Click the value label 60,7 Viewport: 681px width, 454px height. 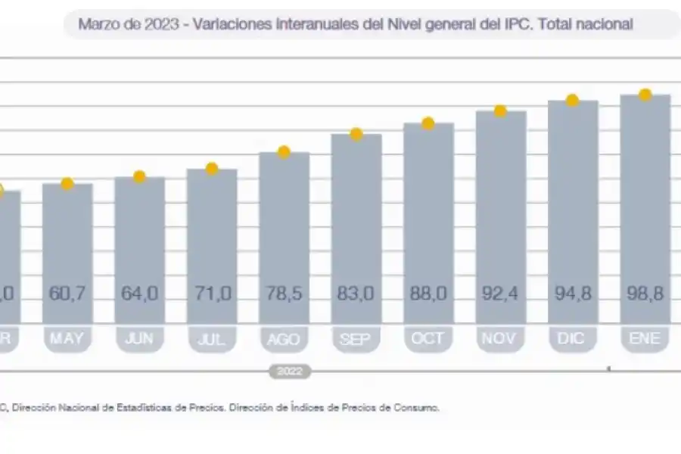click(67, 293)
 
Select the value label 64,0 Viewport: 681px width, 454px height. click(139, 293)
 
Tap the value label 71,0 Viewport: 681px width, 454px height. click(212, 293)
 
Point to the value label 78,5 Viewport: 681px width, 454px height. click(285, 293)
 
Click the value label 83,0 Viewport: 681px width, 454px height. click(356, 293)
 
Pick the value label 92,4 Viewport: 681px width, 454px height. click(501, 293)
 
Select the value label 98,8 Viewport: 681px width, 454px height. click(645, 293)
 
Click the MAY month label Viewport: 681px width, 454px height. click(67, 339)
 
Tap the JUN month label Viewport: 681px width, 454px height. click(139, 339)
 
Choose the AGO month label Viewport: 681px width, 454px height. click(285, 339)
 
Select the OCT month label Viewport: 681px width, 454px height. click(428, 339)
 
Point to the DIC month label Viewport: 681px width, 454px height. click(573, 339)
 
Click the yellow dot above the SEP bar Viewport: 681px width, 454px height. click(356, 134)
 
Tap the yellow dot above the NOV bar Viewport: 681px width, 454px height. click(500, 111)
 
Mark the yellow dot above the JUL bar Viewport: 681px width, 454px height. click(212, 168)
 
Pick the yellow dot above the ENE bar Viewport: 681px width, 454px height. click(645, 95)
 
